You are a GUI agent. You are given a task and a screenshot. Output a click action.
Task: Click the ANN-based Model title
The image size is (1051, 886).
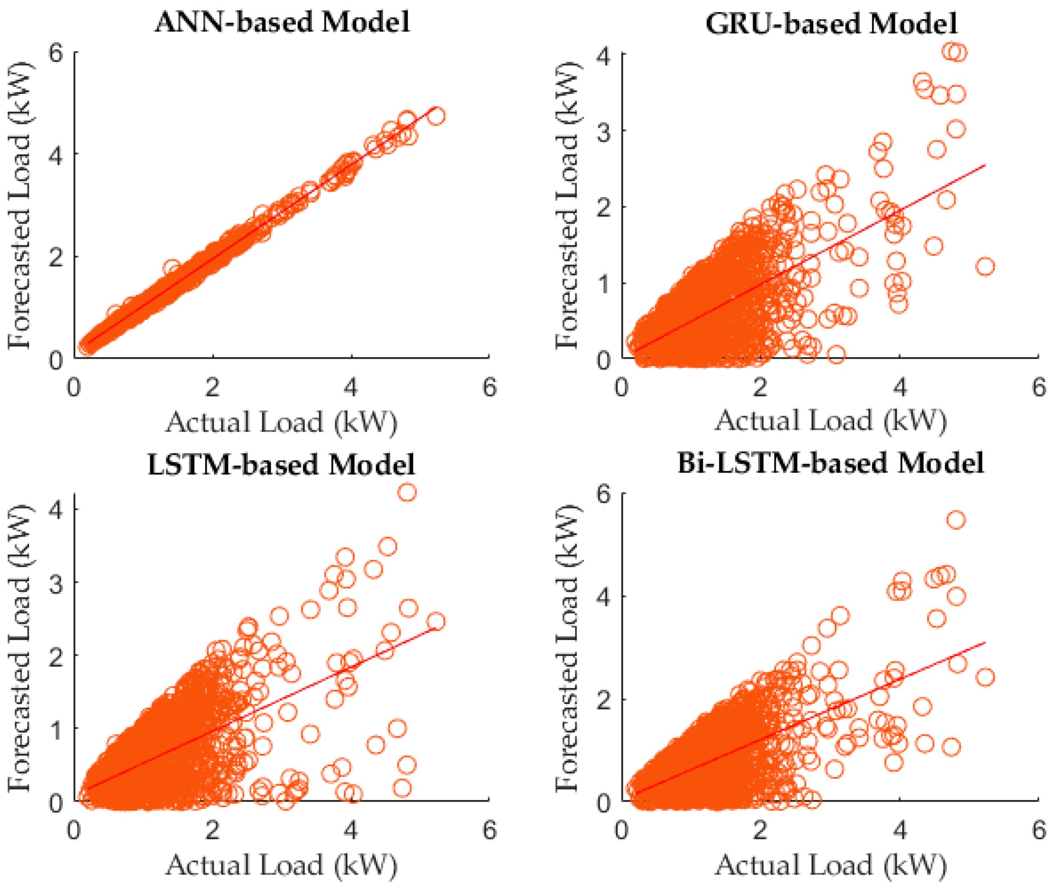(x=282, y=23)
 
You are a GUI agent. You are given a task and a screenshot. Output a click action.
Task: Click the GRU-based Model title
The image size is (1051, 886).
(x=831, y=23)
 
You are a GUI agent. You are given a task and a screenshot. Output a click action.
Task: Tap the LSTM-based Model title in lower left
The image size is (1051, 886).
(x=281, y=464)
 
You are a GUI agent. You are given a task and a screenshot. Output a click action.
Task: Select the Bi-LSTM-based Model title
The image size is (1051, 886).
(x=830, y=463)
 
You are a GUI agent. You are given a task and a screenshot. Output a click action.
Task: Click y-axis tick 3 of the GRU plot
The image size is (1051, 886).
(x=603, y=129)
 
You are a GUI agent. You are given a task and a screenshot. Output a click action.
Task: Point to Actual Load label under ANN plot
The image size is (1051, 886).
(x=281, y=422)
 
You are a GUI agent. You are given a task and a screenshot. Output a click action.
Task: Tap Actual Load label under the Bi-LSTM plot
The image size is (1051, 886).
(x=830, y=865)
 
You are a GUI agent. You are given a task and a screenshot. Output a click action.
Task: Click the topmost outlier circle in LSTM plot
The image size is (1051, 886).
(x=407, y=492)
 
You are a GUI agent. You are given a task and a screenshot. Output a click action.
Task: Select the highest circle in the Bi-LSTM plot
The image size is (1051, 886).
(x=956, y=520)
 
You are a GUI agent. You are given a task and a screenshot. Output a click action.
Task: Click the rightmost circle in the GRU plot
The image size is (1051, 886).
(x=985, y=266)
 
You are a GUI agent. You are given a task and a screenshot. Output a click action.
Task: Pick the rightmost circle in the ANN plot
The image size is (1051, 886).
(x=437, y=116)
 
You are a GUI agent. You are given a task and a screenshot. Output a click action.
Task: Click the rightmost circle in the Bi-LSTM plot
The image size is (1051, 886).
(x=985, y=677)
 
